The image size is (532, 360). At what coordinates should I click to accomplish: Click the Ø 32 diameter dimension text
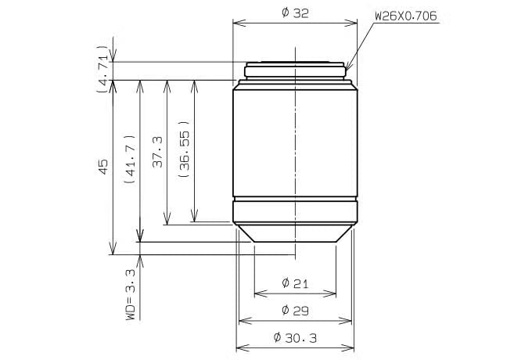[x=295, y=13]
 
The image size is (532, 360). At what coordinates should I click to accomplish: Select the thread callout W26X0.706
[x=406, y=16]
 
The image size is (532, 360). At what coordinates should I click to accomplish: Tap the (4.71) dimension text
[x=103, y=69]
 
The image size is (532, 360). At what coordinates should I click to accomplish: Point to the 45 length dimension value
[x=102, y=167]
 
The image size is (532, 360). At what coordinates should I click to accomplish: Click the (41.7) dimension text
[x=131, y=160]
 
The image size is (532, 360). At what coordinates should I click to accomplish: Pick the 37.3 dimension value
[x=158, y=152]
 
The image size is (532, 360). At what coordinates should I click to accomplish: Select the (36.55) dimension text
[x=185, y=149]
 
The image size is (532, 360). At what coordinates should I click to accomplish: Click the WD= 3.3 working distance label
[x=131, y=294]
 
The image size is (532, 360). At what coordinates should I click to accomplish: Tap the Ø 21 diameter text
[x=295, y=283]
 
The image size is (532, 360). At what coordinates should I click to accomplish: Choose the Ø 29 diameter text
[x=295, y=310]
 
